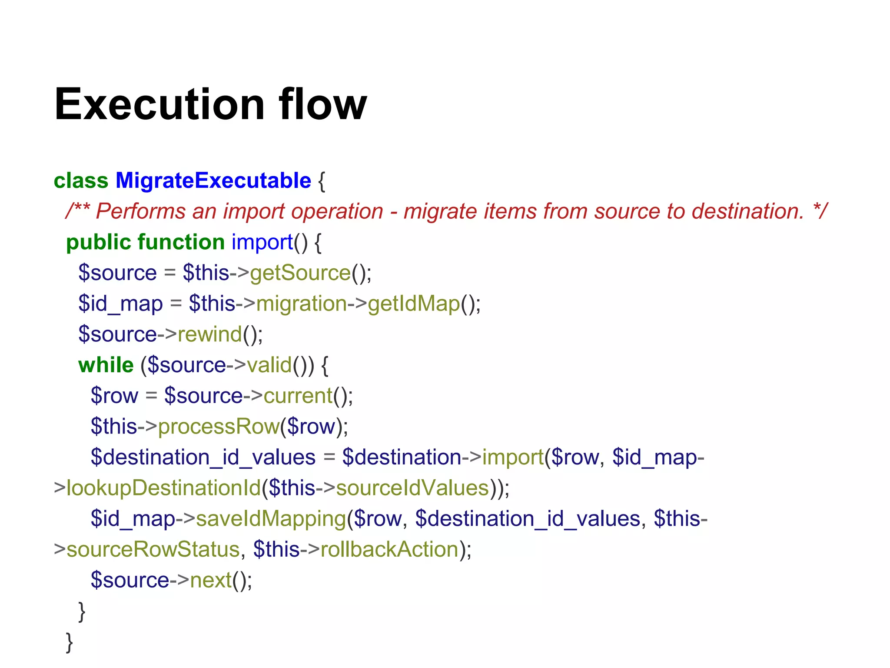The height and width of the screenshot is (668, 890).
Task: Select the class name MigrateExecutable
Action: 213,180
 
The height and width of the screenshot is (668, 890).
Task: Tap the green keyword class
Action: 81,180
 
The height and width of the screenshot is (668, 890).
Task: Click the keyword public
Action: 98,242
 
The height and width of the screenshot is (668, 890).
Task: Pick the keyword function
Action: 181,242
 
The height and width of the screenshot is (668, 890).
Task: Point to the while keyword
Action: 106,365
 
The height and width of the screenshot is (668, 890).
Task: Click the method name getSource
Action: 300,273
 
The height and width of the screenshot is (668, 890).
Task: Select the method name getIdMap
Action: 414,304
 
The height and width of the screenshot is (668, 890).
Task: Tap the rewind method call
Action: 209,334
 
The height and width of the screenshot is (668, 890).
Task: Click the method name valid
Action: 269,365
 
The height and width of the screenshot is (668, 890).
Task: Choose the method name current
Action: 298,396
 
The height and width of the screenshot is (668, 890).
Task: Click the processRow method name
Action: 219,427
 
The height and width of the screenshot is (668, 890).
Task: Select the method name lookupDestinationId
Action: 163,488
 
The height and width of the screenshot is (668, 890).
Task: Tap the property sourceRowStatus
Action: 153,549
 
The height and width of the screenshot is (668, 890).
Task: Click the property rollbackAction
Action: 389,549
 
